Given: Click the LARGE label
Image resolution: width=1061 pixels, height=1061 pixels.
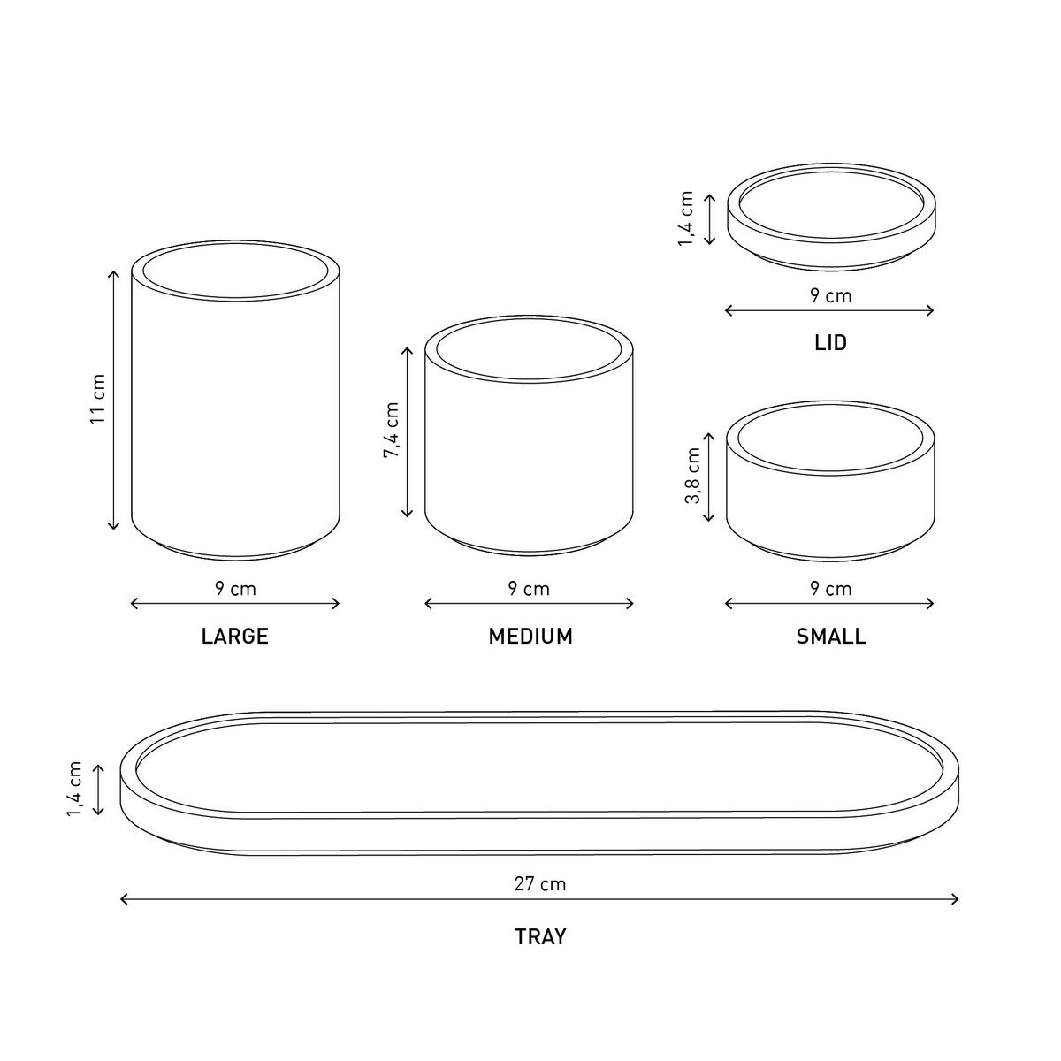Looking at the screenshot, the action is pyautogui.click(x=234, y=636).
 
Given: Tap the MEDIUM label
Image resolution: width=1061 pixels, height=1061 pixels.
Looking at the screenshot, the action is pyautogui.click(x=530, y=636).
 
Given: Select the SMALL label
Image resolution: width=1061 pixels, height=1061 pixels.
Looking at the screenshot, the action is pyautogui.click(x=831, y=636).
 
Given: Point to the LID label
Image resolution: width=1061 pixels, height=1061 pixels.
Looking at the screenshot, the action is pyautogui.click(x=830, y=342).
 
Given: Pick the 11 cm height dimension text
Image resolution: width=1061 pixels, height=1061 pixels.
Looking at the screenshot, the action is pyautogui.click(x=97, y=399).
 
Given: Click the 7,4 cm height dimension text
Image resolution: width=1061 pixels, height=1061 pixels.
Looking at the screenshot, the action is pyautogui.click(x=392, y=430).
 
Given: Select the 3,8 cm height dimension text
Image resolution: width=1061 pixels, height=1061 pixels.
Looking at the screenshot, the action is pyautogui.click(x=692, y=475).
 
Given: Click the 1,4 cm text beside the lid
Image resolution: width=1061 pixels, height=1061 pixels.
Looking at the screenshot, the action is pyautogui.click(x=686, y=218).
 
